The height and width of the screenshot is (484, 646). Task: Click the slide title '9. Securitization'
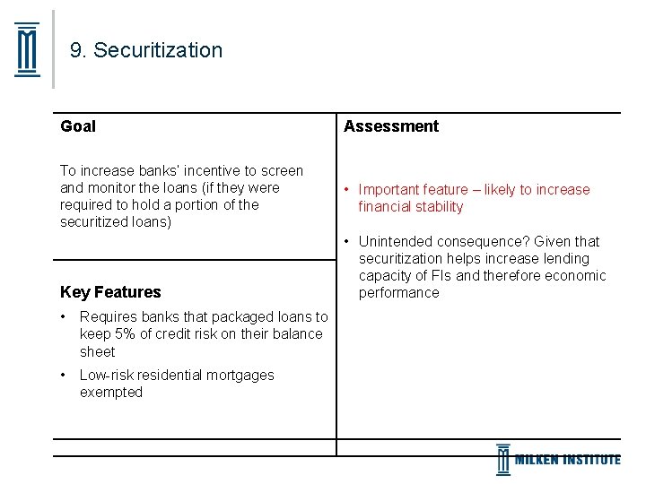[x=146, y=50]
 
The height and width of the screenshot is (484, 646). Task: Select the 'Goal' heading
[x=78, y=126]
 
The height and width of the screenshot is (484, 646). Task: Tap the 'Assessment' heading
[x=391, y=126]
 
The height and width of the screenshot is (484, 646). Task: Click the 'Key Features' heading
[x=110, y=292]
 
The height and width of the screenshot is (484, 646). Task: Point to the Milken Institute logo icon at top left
[x=28, y=50]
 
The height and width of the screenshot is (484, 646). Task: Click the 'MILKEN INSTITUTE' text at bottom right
[x=567, y=460]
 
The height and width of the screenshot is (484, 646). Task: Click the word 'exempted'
[x=111, y=393]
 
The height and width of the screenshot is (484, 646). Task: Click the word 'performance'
[x=399, y=293]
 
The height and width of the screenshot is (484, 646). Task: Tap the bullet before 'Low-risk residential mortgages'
[x=64, y=376]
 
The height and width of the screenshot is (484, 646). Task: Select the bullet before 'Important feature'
[x=345, y=190]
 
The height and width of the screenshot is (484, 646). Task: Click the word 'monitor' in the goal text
[x=111, y=188]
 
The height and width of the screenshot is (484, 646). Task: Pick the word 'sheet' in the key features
[x=98, y=352]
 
